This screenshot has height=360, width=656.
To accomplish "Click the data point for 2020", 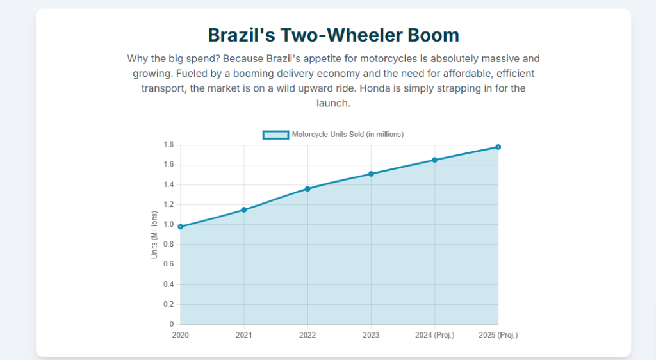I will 181,227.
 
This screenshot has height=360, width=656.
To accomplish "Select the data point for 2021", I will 244,209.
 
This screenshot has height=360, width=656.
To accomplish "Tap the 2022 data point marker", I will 307,189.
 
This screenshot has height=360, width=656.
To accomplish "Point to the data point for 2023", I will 371,174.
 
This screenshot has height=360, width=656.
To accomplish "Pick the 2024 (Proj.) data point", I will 435,160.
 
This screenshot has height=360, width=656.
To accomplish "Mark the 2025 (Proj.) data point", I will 498,147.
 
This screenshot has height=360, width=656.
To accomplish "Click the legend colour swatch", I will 275,135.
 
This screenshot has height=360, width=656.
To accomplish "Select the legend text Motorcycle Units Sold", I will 347,135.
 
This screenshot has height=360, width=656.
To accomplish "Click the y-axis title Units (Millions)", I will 154,234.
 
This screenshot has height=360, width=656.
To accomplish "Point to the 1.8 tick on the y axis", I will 168,145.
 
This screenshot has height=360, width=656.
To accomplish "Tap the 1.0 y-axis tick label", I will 168,225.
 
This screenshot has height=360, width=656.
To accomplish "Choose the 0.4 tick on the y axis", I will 168,284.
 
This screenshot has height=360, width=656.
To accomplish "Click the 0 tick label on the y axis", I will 171,324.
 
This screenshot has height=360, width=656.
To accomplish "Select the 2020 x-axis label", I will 181,335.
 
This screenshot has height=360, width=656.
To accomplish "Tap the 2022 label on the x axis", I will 307,335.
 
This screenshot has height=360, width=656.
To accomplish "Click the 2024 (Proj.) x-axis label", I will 435,335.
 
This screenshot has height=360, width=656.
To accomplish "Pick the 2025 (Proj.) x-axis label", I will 498,335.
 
